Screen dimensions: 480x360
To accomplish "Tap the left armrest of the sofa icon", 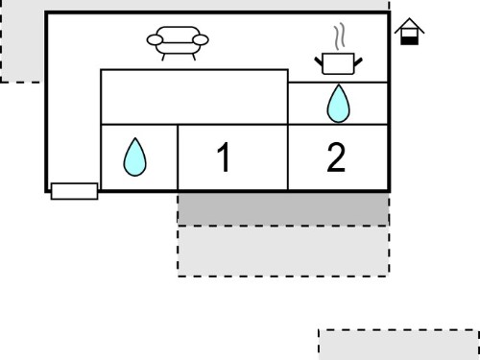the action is [155, 40].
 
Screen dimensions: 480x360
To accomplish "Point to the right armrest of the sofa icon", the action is [201, 40].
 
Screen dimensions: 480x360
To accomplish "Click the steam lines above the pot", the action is [340, 36].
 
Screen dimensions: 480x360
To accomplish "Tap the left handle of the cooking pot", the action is [319, 61].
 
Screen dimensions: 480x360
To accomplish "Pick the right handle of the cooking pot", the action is [358, 61].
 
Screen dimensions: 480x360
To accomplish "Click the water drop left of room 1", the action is [134, 157].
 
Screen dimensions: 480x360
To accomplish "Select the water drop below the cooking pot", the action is [338, 104].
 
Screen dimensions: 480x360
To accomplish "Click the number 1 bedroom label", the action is [224, 157].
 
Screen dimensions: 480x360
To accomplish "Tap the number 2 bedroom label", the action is [336, 157].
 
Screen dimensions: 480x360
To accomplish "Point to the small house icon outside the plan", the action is [409, 32].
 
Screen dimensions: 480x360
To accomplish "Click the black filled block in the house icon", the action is [410, 40].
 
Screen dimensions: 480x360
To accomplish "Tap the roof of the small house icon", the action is [409, 24].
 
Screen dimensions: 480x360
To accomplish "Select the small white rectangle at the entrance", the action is [74, 191].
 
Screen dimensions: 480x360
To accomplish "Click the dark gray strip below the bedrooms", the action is [283, 208].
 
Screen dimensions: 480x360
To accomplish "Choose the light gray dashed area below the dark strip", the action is [283, 252].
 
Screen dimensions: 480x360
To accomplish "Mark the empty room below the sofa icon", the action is [194, 97].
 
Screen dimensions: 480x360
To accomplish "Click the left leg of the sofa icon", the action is [163, 57].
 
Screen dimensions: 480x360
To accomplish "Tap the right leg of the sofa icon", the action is [193, 57].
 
